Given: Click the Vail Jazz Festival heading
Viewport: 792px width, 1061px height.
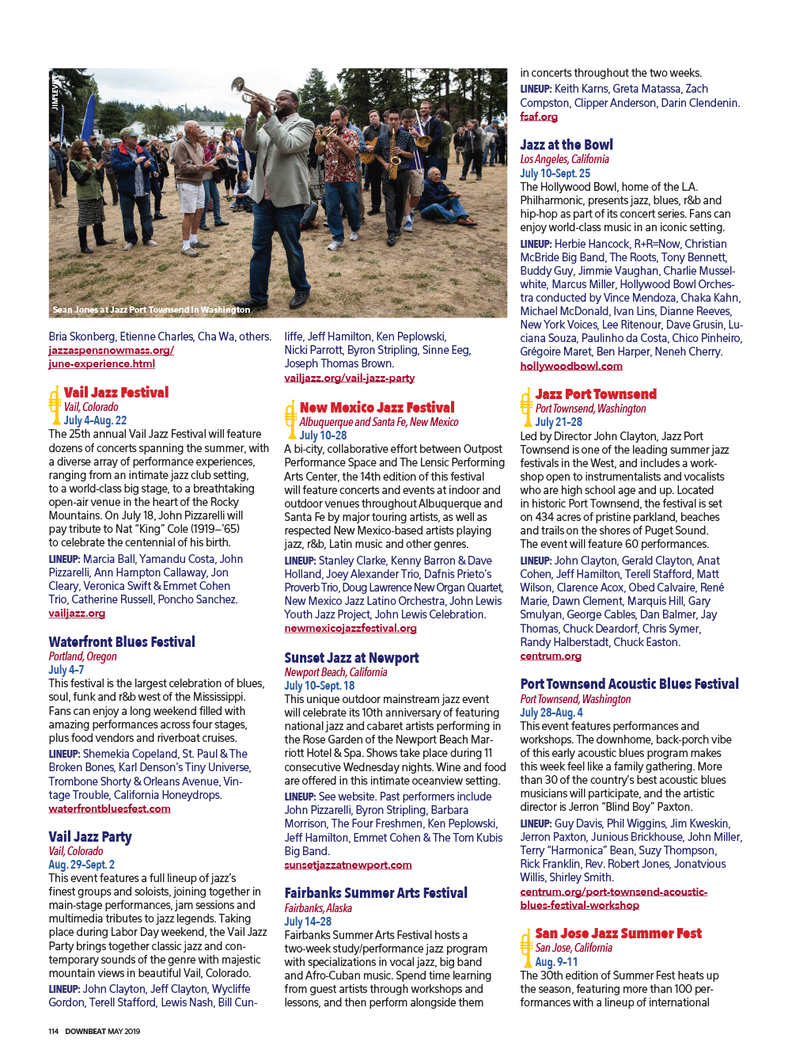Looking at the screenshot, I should [116, 392].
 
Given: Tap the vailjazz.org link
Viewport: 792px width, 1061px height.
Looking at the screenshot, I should [77, 614].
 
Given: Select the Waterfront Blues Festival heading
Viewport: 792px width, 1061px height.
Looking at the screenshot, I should [122, 642].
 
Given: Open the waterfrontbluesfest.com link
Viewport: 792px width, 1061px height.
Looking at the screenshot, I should [109, 809].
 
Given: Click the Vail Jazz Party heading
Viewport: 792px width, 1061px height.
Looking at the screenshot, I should [90, 837].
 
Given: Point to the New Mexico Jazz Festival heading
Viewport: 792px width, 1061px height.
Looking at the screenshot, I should [377, 408].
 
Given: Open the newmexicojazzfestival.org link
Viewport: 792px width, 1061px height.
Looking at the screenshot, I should [351, 629].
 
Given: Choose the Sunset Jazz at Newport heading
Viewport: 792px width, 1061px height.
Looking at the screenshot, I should [351, 658].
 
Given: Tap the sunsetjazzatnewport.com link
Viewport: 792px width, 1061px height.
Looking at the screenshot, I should [348, 865].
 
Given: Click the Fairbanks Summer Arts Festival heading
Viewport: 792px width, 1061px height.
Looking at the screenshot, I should [376, 893].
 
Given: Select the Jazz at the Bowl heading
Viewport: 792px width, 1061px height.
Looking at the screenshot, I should [567, 145].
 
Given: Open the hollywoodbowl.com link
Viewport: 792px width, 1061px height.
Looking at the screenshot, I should [571, 366].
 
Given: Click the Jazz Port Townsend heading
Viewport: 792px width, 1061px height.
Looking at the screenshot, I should [596, 394].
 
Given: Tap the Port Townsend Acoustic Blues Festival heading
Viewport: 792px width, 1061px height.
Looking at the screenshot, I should [630, 684].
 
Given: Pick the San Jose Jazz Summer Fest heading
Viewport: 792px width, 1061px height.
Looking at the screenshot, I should [618, 934].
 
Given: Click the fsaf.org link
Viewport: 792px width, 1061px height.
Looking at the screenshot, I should [539, 117].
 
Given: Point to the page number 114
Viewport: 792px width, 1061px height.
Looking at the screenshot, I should [53, 1031].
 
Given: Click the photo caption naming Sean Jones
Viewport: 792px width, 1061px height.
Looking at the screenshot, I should [151, 310].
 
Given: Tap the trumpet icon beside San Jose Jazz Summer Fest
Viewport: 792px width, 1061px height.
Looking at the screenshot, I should [525, 947].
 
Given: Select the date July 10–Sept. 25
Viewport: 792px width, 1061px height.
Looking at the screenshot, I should [555, 173].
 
